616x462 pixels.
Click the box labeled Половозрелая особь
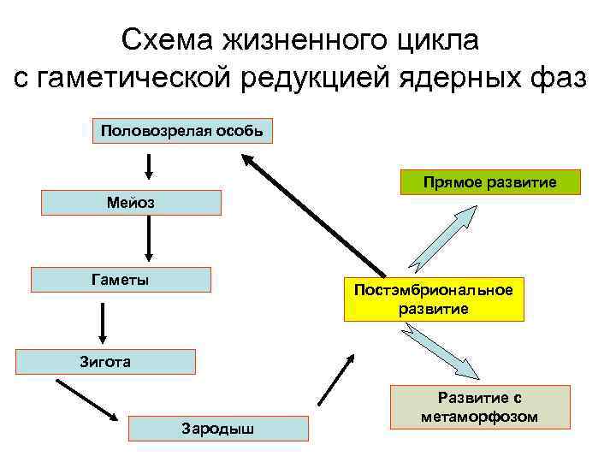click(181, 131)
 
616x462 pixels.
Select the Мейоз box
click(131, 203)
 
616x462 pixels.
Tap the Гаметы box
click(121, 280)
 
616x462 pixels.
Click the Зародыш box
click(218, 428)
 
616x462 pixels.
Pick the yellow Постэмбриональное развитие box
click(434, 299)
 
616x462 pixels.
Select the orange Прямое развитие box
click(490, 182)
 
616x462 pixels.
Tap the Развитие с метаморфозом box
click(480, 407)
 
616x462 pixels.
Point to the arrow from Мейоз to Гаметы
click(150, 237)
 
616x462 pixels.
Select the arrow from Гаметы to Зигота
click(103, 322)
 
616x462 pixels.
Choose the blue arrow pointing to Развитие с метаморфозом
click(441, 351)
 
